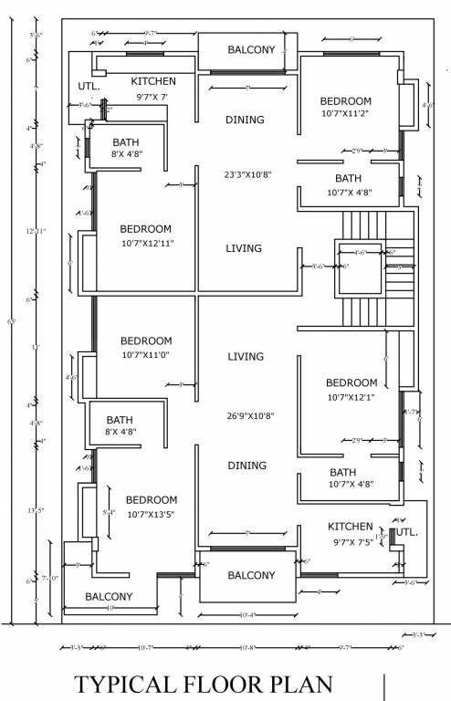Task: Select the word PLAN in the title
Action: tap(303, 685)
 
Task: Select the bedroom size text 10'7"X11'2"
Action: tap(346, 115)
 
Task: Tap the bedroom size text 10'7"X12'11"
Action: tap(147, 244)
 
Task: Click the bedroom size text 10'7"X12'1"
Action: tap(351, 397)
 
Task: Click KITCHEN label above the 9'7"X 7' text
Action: tap(152, 81)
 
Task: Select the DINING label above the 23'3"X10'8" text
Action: tap(244, 120)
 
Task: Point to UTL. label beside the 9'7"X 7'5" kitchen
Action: tap(405, 530)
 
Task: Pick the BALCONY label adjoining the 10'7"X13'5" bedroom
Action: tap(109, 597)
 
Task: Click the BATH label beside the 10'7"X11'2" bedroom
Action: tap(348, 178)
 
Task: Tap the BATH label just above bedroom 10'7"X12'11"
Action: tap(125, 142)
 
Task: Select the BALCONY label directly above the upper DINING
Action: tap(251, 50)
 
